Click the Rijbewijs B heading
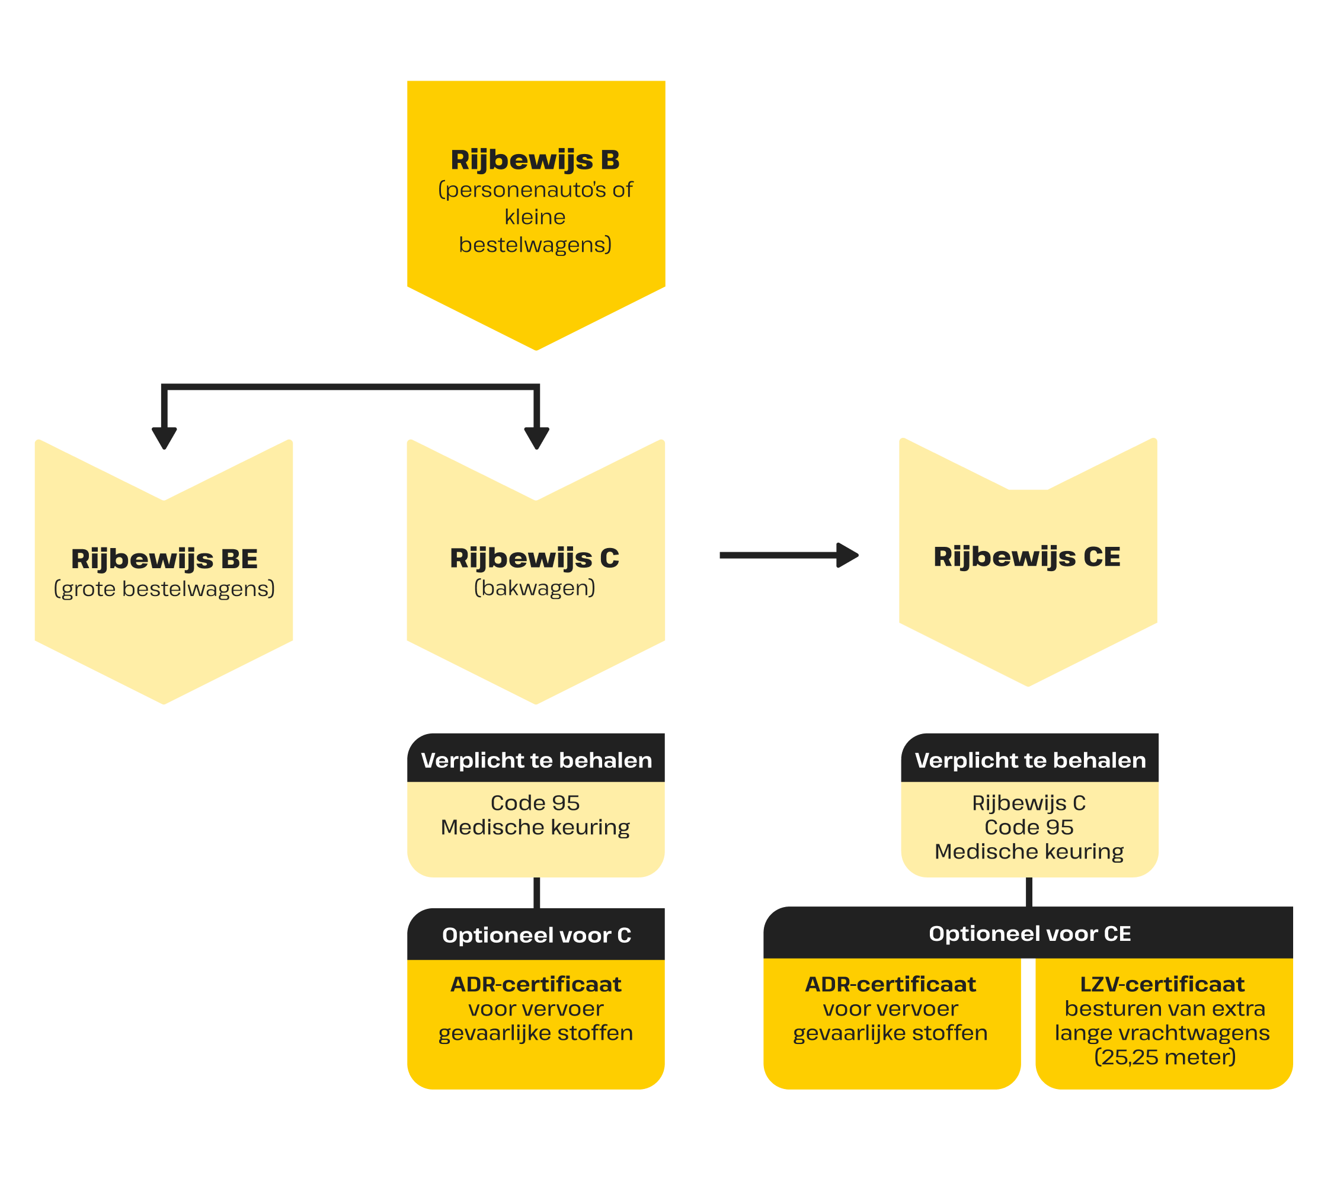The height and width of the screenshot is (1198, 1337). [535, 160]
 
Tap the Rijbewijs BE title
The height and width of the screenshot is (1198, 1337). [164, 559]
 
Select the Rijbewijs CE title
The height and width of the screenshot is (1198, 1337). [1027, 557]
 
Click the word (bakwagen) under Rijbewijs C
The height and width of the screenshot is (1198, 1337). [535, 587]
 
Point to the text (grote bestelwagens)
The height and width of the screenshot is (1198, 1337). [164, 588]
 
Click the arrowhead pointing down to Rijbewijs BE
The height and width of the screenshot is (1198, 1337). [164, 437]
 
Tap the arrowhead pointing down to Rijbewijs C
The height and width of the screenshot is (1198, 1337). [536, 437]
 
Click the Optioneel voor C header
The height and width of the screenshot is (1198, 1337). [536, 936]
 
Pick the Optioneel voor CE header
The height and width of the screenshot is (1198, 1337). [1029, 933]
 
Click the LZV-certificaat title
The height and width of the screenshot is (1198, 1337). [1163, 984]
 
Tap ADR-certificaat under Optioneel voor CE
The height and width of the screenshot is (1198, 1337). [890, 984]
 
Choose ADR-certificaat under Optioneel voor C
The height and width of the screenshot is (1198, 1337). [536, 984]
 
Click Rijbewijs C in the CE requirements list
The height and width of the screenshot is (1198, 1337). [1029, 803]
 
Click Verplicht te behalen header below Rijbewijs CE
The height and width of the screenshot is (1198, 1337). [1030, 760]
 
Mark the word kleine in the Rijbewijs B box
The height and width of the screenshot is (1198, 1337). [535, 217]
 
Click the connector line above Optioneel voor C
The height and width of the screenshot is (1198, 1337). [536, 893]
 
